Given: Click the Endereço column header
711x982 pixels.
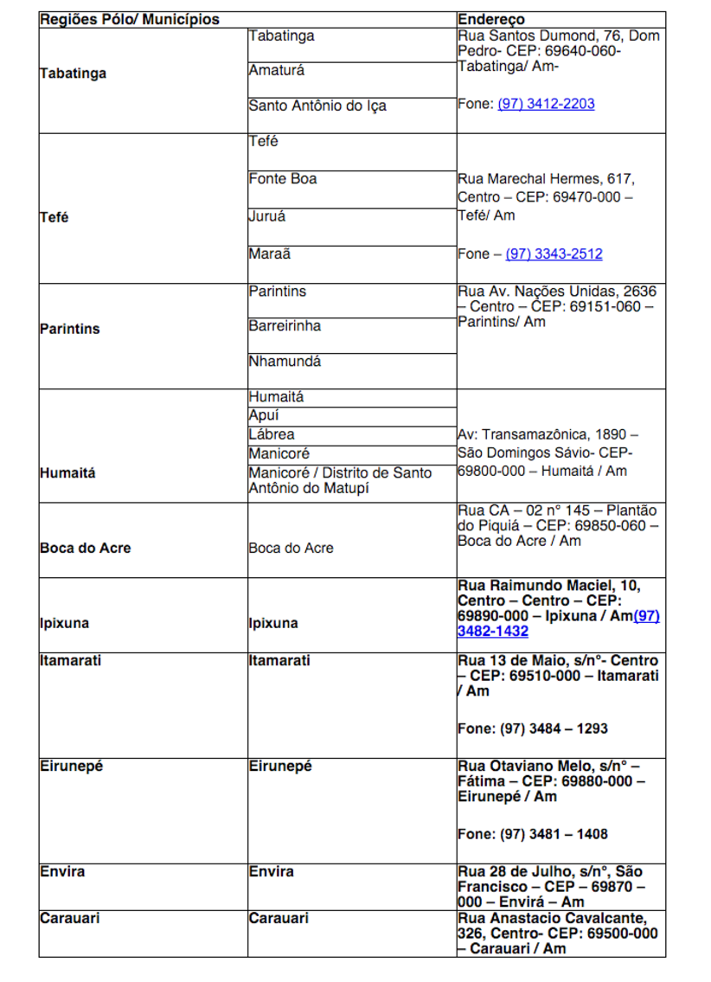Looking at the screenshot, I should [x=491, y=20].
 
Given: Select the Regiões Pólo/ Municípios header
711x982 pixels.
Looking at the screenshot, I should [x=130, y=20].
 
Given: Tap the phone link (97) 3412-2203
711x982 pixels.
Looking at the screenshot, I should [x=546, y=104].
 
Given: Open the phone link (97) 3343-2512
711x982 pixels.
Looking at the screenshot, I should [x=554, y=254].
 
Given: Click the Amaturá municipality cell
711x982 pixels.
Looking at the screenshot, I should [x=277, y=70].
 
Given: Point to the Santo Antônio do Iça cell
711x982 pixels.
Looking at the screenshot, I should [x=317, y=106].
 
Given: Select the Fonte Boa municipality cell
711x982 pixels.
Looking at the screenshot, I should [x=283, y=179].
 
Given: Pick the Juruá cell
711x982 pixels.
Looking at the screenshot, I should [x=267, y=216].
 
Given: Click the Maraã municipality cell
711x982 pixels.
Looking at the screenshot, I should [x=270, y=254].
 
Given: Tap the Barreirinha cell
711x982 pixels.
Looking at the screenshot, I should [x=285, y=326].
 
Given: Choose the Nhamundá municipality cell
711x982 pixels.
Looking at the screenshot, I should [x=285, y=362].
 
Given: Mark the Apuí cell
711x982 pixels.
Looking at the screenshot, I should [x=265, y=416].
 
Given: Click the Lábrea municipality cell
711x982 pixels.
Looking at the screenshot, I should [x=272, y=434].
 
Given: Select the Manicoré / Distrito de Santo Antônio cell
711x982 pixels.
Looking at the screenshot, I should [x=340, y=481].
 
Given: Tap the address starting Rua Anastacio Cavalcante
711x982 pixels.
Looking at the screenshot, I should [x=557, y=934].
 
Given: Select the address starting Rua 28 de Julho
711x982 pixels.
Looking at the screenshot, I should [x=550, y=887].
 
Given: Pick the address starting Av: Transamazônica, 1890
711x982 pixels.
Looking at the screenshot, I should [x=547, y=453].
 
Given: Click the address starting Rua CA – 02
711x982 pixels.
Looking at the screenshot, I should [x=557, y=526].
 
